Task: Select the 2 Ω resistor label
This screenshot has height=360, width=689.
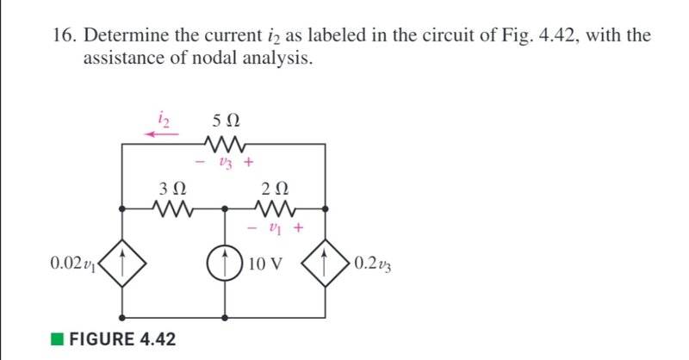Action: tap(276, 187)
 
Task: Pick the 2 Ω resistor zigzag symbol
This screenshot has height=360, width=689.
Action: tap(277, 208)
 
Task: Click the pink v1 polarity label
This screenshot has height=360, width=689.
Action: tap(277, 228)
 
